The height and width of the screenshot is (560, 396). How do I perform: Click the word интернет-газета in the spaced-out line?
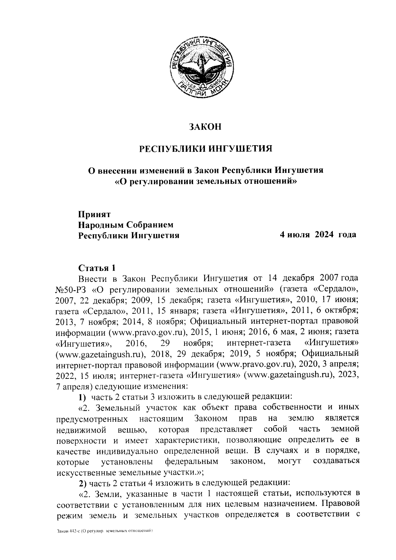click(x=258, y=343)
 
